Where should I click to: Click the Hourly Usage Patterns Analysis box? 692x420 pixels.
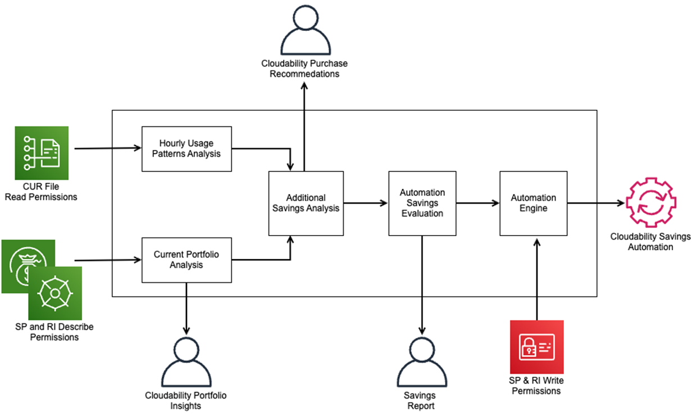[x=186, y=149]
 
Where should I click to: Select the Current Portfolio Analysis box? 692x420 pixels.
[x=186, y=260]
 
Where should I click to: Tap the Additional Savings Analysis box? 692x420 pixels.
[x=306, y=203]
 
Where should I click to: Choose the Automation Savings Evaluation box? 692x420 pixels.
[x=422, y=203]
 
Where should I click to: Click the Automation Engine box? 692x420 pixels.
[x=533, y=203]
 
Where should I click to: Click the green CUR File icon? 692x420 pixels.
[x=42, y=153]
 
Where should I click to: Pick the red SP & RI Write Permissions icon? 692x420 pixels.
[x=536, y=347]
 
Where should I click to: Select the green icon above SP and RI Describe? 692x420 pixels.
[x=55, y=293]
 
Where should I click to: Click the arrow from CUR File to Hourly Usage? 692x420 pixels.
[x=107, y=149]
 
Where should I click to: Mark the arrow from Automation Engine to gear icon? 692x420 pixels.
[x=595, y=203]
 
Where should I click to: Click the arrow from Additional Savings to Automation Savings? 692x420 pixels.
[x=365, y=203]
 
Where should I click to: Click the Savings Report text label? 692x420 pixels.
[x=421, y=401]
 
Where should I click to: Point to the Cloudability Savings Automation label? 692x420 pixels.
[x=650, y=242]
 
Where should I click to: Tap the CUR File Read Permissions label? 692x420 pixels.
[x=41, y=192]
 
